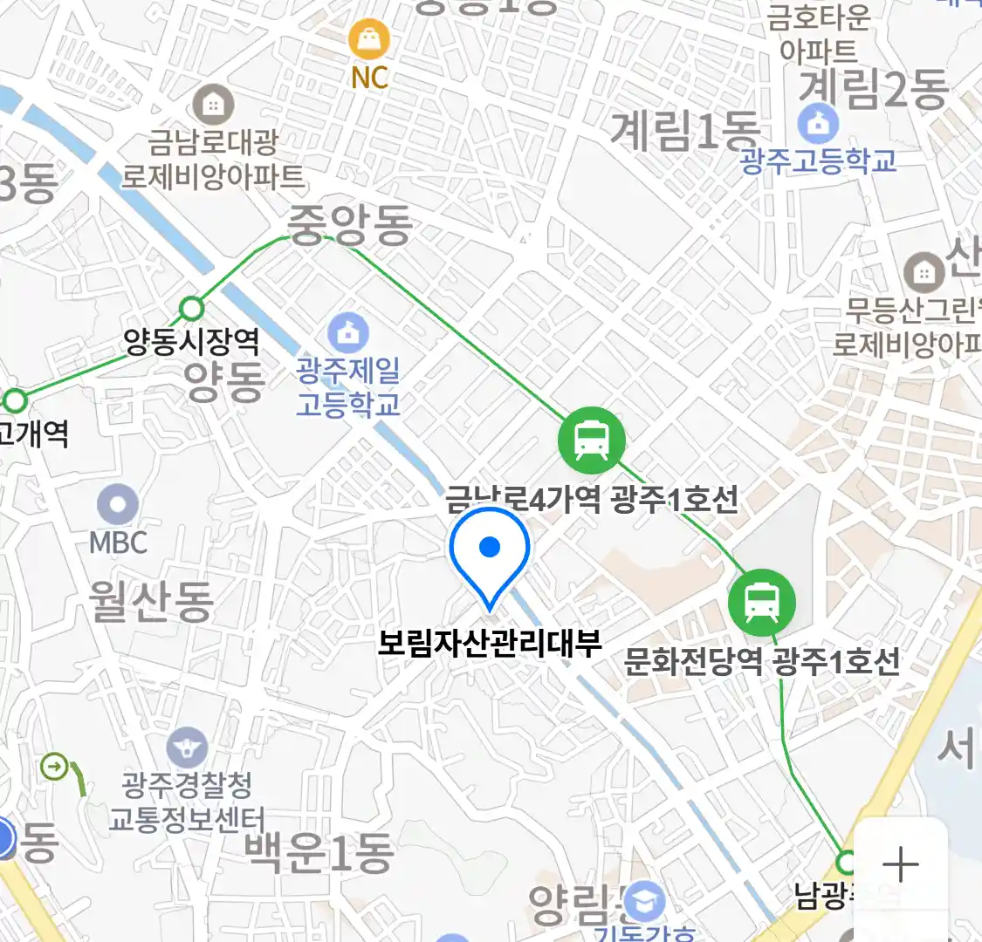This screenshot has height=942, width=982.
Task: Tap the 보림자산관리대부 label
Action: [490, 644]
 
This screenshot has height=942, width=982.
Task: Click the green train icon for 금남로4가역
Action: [592, 440]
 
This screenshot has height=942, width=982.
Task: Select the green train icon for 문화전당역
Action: [762, 602]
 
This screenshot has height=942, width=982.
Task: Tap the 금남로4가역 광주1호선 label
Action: [592, 500]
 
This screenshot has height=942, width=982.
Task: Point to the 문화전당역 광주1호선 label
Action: [761, 661]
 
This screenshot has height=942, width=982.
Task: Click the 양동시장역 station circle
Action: [191, 308]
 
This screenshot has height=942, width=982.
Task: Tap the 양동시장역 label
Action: [191, 340]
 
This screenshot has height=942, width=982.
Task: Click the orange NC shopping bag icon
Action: [369, 38]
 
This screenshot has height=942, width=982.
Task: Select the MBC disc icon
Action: [118, 505]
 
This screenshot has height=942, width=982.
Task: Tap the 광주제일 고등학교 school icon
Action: [348, 332]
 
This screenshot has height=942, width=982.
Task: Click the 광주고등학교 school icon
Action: [818, 125]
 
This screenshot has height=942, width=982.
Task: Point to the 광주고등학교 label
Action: [818, 161]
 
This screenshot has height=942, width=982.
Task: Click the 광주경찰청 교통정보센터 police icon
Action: [187, 747]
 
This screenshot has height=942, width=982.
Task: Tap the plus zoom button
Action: [900, 864]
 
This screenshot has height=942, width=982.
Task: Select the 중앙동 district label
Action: [350, 225]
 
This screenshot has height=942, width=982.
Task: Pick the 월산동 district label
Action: [151, 602]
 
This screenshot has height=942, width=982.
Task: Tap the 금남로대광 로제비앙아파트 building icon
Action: [213, 105]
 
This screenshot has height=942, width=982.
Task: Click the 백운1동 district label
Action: [319, 853]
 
